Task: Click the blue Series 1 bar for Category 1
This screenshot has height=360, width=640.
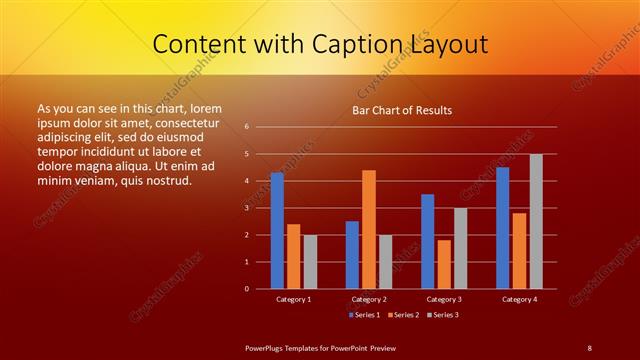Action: pos(277,230)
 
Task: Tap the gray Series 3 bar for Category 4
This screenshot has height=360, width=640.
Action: pos(536,221)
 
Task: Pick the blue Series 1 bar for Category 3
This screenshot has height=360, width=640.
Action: pos(428,241)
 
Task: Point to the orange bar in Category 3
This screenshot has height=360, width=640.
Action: pos(444,264)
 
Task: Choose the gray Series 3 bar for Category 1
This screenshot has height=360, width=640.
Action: pos(310,261)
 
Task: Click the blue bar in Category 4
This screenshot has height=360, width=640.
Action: pos(503,227)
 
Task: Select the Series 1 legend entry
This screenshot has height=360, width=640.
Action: pos(364,315)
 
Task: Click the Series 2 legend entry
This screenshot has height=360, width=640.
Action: pos(401,315)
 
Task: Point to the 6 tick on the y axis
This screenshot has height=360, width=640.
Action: pos(247,127)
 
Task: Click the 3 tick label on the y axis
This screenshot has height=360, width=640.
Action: pos(247,208)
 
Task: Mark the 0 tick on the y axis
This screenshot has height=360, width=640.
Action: pos(247,289)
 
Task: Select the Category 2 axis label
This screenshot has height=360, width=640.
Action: pos(369,299)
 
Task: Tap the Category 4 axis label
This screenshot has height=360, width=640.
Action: pos(519,299)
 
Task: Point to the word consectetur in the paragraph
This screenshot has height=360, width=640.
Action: pos(189,120)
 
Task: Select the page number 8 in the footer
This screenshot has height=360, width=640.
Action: pos(589,347)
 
